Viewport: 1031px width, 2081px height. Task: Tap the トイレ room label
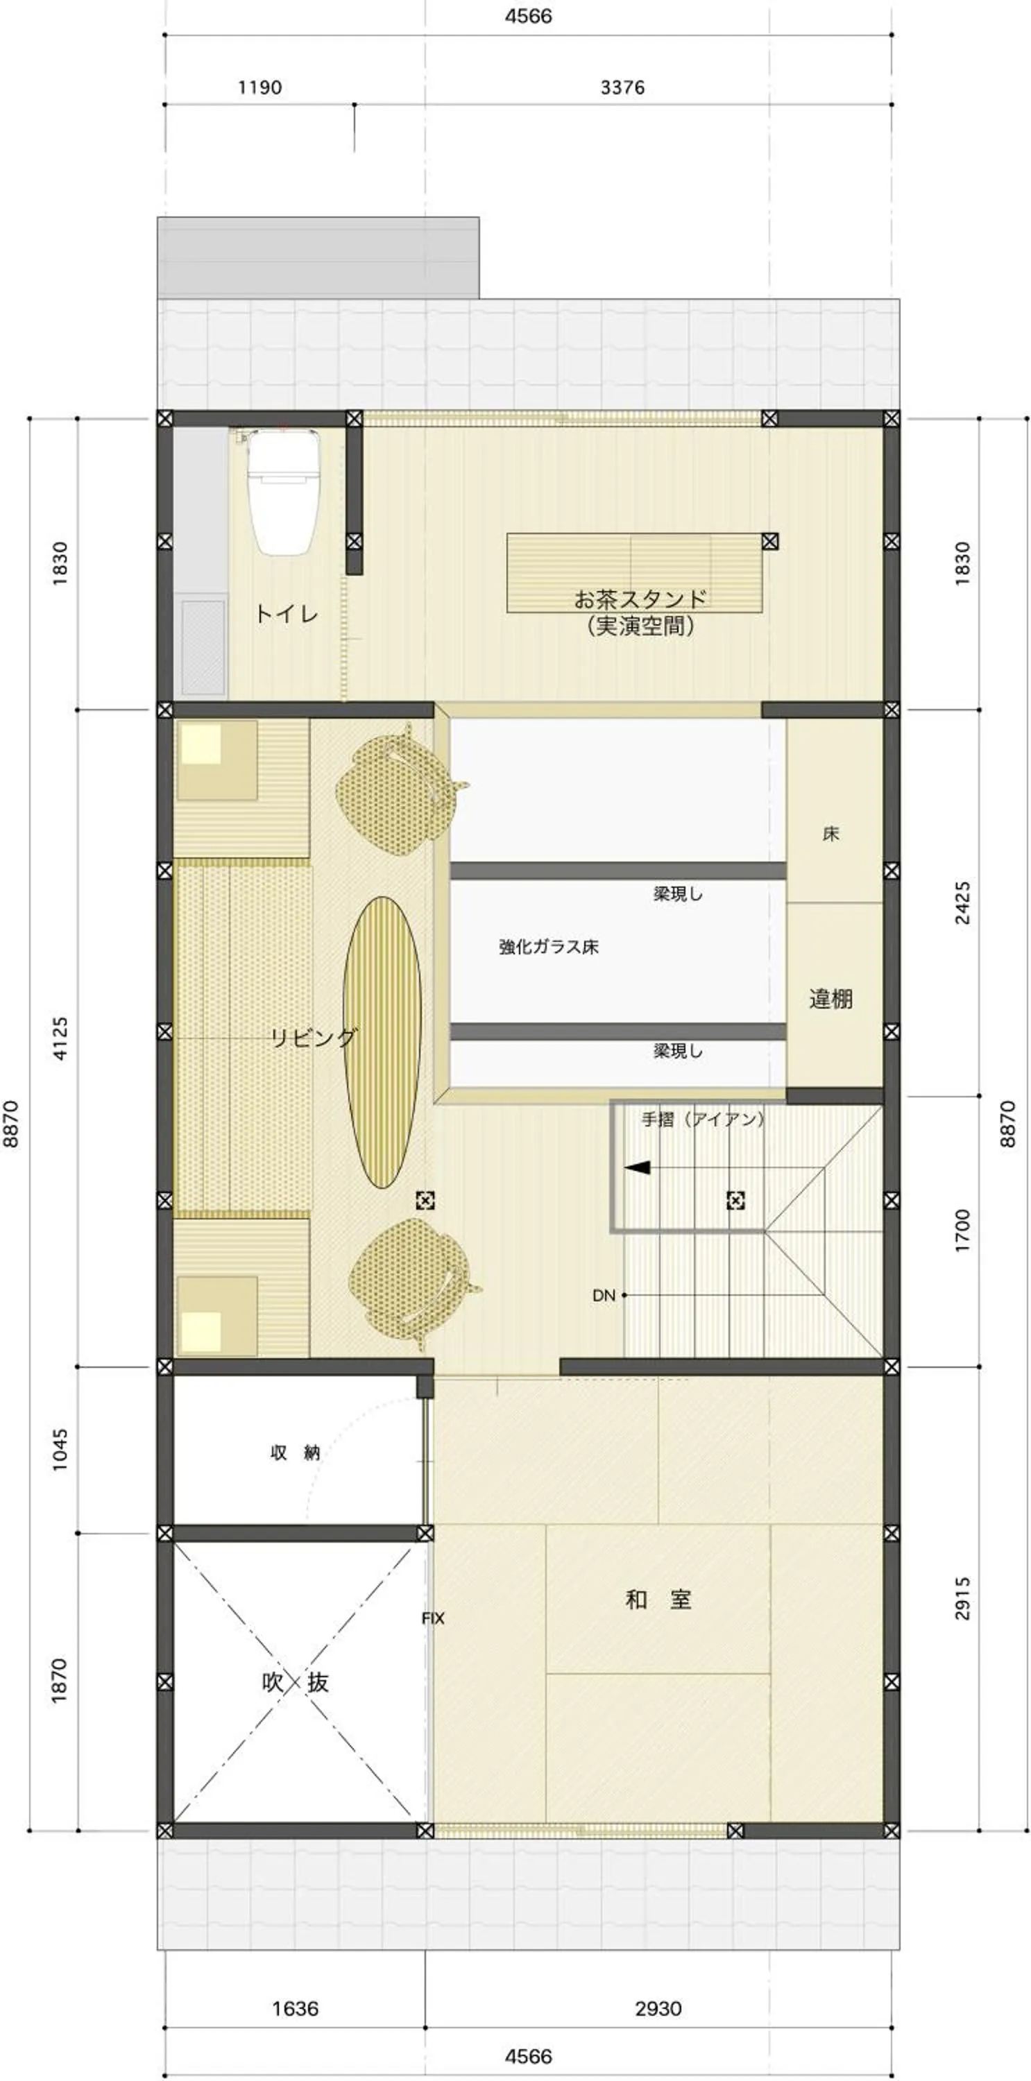[286, 614]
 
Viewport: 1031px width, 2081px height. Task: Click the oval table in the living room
[382, 1041]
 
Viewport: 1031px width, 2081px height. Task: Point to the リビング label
[314, 1037]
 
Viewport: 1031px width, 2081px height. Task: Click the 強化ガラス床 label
[549, 947]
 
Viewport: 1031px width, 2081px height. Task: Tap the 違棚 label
[830, 1000]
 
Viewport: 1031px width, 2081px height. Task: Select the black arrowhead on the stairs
[638, 1167]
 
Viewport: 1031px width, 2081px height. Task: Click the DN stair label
[604, 1295]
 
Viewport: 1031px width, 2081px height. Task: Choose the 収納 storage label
[295, 1453]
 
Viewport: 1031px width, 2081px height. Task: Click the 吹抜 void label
[295, 1682]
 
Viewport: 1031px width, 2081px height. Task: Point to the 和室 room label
[658, 1600]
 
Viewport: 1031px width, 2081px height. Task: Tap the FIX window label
[432, 1618]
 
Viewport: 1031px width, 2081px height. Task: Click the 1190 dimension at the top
[259, 87]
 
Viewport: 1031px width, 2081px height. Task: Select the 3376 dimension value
[622, 87]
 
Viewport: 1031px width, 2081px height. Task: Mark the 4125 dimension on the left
[60, 1038]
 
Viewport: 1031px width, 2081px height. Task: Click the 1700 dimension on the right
[962, 1231]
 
